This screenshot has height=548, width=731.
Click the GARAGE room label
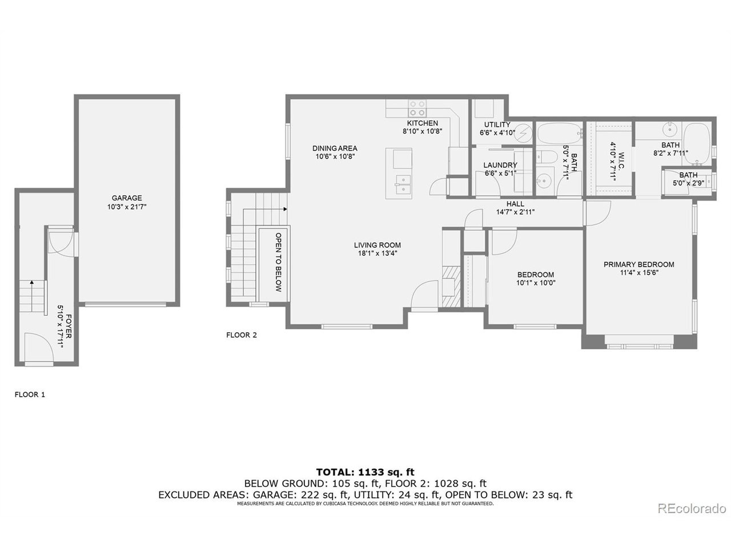[x=126, y=198]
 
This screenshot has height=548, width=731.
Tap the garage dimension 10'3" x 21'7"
[x=126, y=207]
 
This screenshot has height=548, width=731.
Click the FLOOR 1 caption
[x=30, y=394]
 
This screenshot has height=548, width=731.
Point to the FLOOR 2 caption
[x=242, y=335]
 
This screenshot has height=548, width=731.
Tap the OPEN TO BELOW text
[x=279, y=262]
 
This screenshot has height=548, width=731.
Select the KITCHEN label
[x=422, y=123]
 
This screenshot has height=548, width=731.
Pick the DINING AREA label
[x=335, y=148]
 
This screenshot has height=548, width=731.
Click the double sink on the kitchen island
[x=403, y=184]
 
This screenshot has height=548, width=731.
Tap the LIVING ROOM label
[x=377, y=245]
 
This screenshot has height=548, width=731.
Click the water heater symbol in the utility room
[x=526, y=131]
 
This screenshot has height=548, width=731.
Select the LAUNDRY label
[x=500, y=165]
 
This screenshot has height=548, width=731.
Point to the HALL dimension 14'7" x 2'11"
[x=515, y=212]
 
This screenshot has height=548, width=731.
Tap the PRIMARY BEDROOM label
[x=638, y=264]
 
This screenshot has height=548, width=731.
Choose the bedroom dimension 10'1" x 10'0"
[x=535, y=282]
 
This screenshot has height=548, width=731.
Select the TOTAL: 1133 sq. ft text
[x=365, y=472]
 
